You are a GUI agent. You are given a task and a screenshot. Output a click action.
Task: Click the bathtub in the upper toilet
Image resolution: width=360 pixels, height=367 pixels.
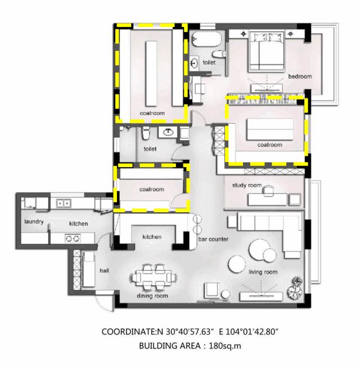click(206, 39)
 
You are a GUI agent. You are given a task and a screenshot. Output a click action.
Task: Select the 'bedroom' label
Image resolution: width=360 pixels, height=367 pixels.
click(300, 77)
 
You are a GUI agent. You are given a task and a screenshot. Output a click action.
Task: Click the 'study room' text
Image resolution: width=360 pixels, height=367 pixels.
click(247, 185)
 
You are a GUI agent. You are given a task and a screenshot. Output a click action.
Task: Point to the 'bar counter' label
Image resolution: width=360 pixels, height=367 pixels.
click(213, 239)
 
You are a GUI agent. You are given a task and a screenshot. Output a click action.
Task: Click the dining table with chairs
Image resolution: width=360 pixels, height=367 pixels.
click(154, 278)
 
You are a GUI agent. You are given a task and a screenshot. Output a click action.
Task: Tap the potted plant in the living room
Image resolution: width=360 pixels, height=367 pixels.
click(295, 288)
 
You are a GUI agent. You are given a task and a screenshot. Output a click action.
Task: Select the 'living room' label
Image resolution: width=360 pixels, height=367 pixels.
click(263, 272)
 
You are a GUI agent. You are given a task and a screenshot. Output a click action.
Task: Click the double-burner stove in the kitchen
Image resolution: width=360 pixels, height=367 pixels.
click(73, 239)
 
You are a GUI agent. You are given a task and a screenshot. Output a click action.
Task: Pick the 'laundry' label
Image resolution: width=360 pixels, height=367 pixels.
click(34, 222)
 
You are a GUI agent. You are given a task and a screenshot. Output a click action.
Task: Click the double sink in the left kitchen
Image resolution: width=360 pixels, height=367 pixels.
click(64, 203)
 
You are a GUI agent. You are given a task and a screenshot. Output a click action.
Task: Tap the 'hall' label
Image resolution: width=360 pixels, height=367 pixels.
click(104, 271)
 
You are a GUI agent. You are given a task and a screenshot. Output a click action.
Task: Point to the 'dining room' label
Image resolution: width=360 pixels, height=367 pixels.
click(152, 296)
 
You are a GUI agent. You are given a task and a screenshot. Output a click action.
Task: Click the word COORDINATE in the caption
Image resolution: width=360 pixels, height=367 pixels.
click(129, 332)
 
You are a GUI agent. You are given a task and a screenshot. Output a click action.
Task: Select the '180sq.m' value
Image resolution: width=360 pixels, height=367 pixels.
click(225, 346)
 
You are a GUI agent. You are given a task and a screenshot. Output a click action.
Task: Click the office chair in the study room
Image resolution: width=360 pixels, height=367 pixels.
click(268, 190)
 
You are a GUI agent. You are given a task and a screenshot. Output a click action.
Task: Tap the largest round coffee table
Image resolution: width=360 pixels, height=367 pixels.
click(259, 249)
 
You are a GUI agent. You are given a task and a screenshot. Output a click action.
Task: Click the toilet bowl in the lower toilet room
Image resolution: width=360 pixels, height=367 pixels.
click(146, 133)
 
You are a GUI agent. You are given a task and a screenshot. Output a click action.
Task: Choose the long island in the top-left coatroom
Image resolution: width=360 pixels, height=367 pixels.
click(151, 74)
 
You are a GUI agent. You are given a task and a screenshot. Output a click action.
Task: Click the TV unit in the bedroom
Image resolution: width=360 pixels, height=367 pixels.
click(267, 88)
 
